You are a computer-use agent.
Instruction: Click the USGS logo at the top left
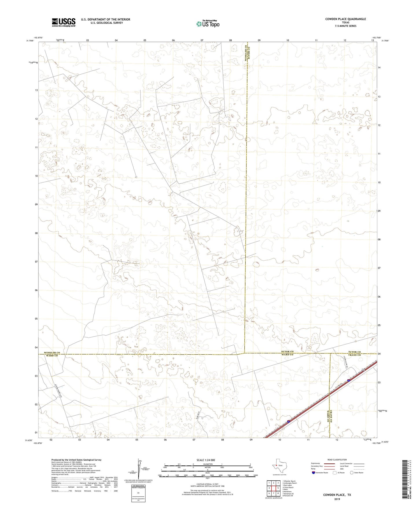point(64,22)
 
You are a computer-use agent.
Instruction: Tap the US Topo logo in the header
point(207,24)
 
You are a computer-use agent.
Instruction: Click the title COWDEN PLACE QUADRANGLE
point(345,19)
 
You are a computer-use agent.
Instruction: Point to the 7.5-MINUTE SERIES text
point(345,26)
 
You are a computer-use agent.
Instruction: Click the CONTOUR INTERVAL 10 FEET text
point(207,483)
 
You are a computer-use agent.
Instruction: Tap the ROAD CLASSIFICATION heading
point(337,460)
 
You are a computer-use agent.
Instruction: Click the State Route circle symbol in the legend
point(352,473)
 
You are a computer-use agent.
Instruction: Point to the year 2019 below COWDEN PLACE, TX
point(337,499)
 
